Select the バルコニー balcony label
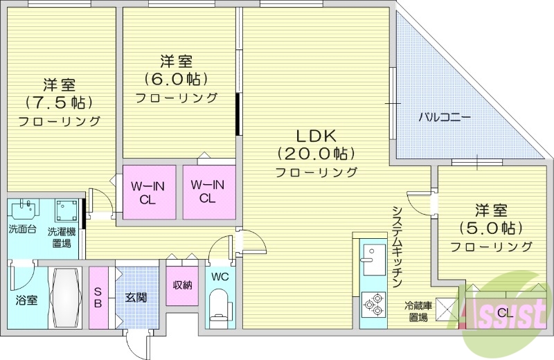point(444,117)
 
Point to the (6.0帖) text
point(176,79)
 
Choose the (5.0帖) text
point(491,228)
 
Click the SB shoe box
point(98,298)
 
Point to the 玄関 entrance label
point(136,298)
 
